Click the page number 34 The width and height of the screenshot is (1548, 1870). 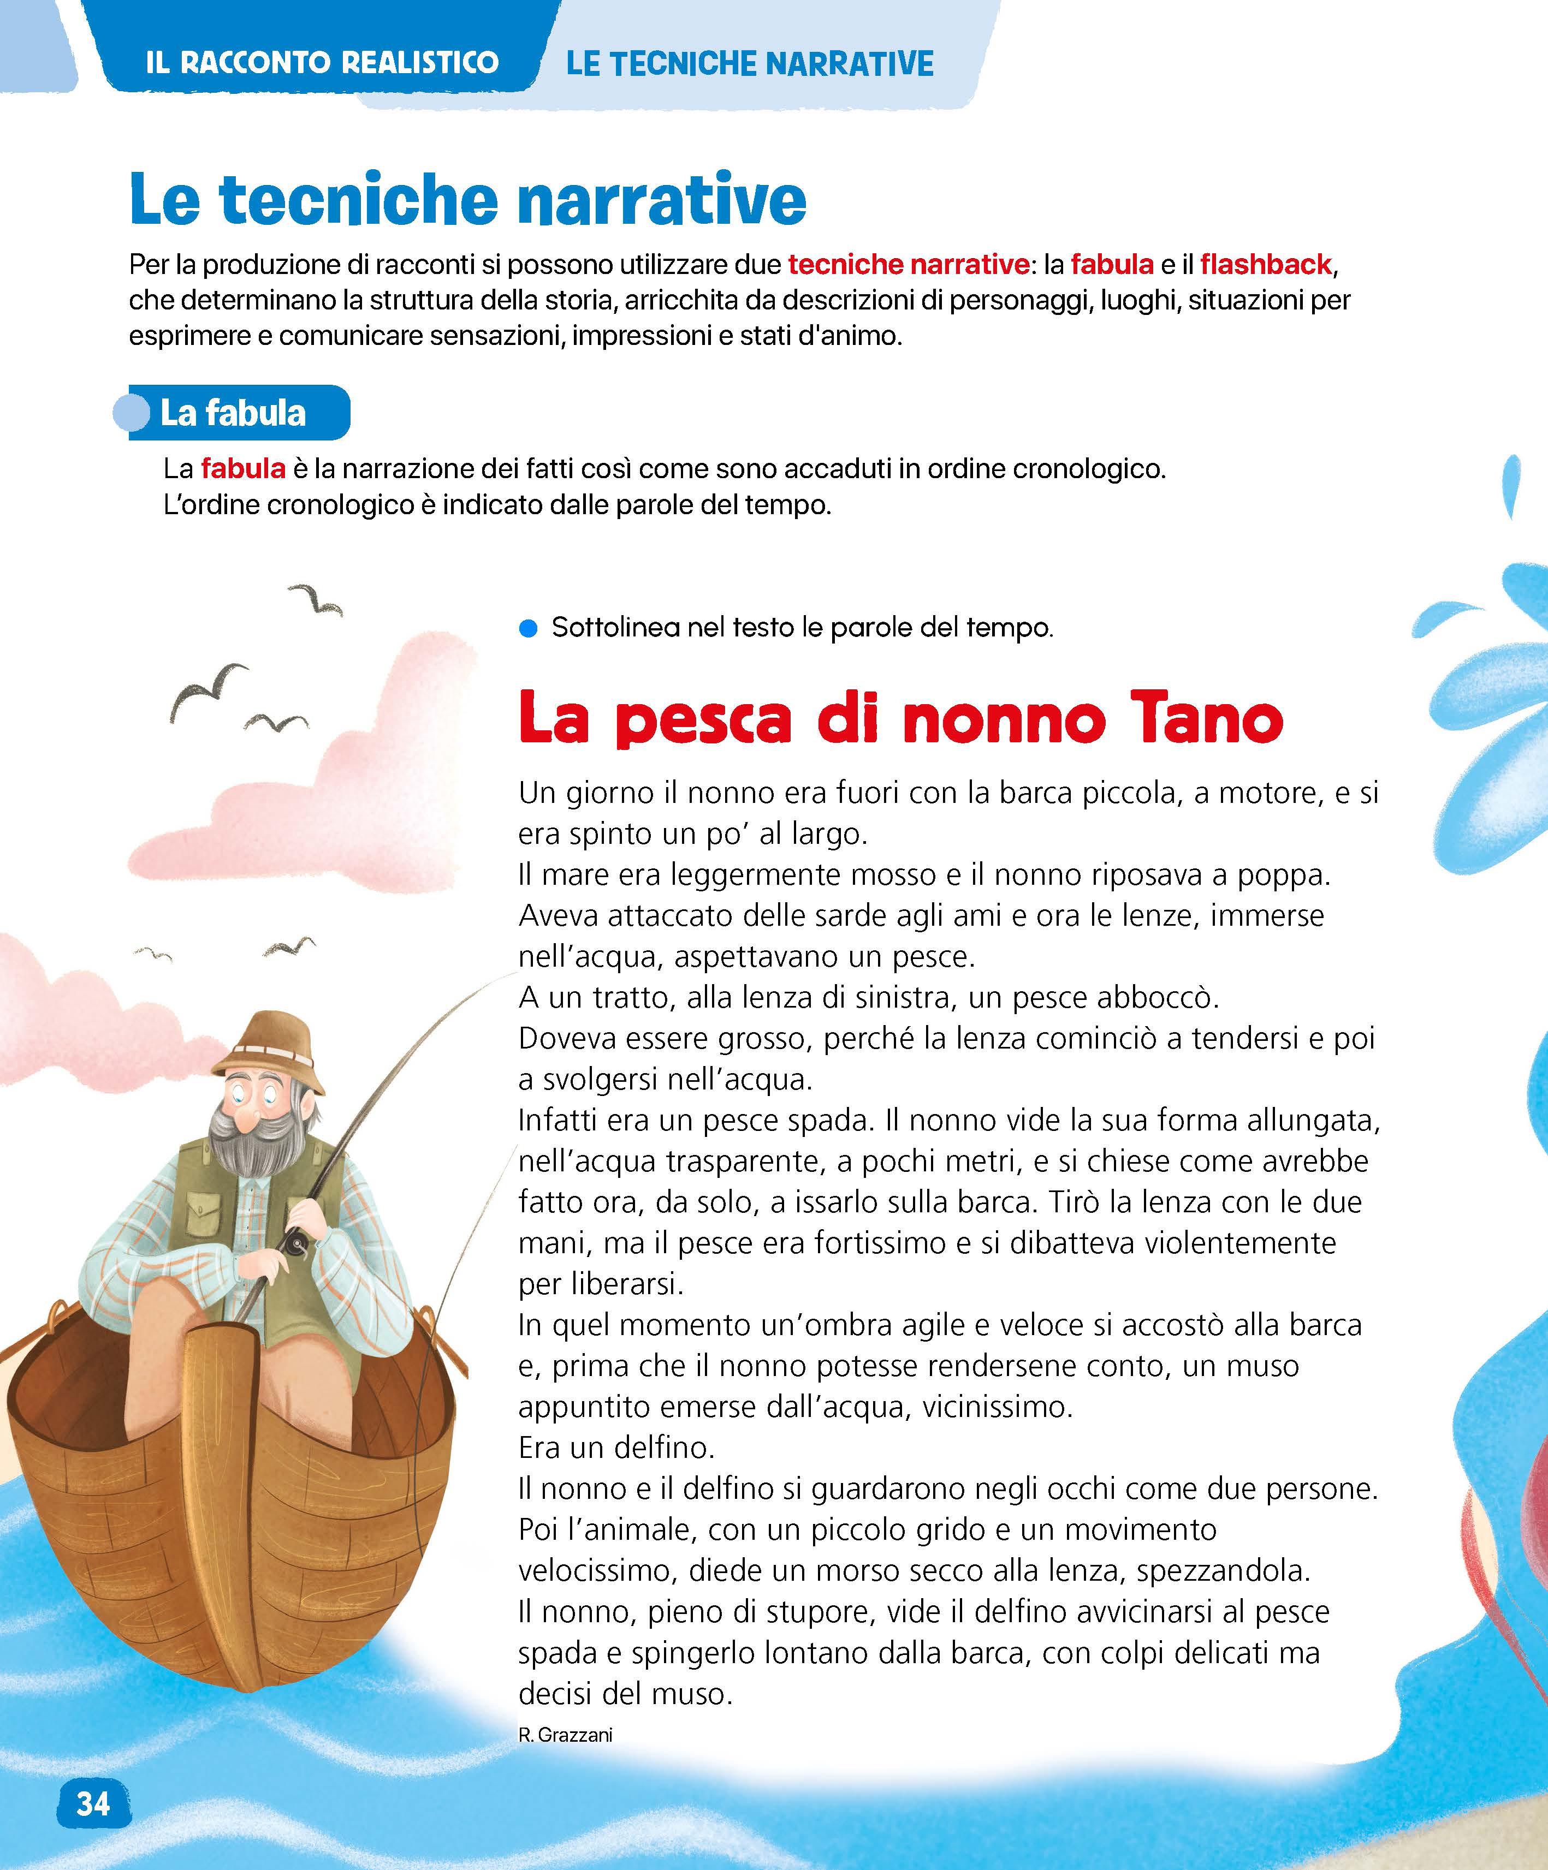93,1803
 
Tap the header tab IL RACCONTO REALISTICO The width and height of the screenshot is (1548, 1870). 322,62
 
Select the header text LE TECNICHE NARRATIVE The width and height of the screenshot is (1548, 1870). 750,64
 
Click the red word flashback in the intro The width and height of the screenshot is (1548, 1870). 1265,265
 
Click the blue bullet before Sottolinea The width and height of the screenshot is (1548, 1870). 528,629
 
